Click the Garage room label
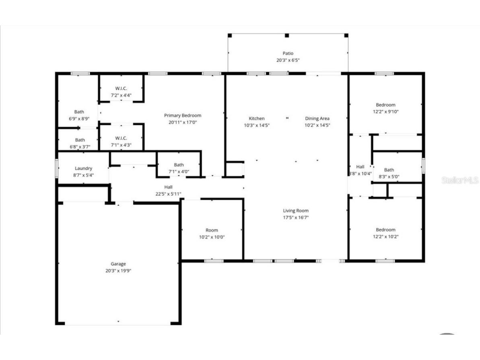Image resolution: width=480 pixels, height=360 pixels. pyautogui.click(x=118, y=264)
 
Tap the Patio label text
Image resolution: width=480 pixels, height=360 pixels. pyautogui.click(x=288, y=53)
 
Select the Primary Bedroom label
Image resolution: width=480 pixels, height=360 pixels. pyautogui.click(x=183, y=116)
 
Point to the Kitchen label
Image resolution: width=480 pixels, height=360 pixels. pyautogui.click(x=257, y=118)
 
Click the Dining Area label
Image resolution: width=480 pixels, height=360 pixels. pyautogui.click(x=317, y=118)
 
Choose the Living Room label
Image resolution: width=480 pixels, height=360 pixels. pyautogui.click(x=296, y=211)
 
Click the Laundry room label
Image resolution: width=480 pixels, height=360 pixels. pyautogui.click(x=84, y=168)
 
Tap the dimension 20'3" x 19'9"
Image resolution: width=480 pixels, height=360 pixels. pyautogui.click(x=118, y=271)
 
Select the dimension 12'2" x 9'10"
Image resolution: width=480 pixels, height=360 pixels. pyautogui.click(x=385, y=112)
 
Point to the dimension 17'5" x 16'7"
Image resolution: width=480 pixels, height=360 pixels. pyautogui.click(x=296, y=217)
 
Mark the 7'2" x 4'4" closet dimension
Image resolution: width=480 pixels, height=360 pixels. pyautogui.click(x=121, y=95)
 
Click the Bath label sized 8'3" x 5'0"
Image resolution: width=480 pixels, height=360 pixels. pyautogui.click(x=389, y=170)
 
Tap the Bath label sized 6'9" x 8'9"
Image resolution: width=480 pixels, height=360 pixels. pyautogui.click(x=79, y=112)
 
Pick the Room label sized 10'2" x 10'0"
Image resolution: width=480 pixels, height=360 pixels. pyautogui.click(x=212, y=230)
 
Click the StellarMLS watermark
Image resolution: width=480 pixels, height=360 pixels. pyautogui.click(x=460, y=180)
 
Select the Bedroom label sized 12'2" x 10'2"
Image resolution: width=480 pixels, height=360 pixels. pyautogui.click(x=385, y=230)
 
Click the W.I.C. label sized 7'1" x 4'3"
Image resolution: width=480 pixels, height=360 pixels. pyautogui.click(x=121, y=139)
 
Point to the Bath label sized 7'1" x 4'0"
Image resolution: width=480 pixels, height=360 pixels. pyautogui.click(x=179, y=165)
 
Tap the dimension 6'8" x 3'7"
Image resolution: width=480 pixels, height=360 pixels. pyautogui.click(x=80, y=147)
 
